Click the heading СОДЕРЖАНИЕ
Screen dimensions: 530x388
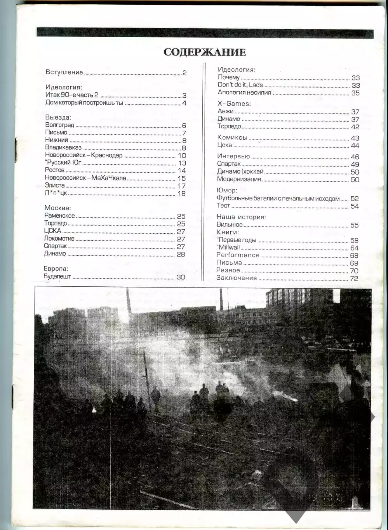tap(204, 52)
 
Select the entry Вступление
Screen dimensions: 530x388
tap(64, 72)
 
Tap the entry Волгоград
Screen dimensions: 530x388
tap(59, 125)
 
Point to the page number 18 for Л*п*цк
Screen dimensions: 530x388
tap(181, 193)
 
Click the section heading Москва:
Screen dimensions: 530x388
tap(57, 208)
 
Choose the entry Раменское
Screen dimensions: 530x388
tap(59, 216)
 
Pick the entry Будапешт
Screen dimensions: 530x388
tap(57, 277)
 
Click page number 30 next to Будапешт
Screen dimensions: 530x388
tap(181, 277)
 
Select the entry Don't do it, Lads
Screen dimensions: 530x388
tap(240, 85)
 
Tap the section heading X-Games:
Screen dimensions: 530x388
tap(234, 104)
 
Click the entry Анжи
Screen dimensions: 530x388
tap(225, 111)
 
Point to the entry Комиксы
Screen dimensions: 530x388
tap(232, 138)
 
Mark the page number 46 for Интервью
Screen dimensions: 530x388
tap(355, 157)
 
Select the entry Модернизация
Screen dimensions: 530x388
tap(239, 179)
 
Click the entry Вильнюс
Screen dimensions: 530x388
tap(229, 225)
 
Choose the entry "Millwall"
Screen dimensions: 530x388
tap(228, 248)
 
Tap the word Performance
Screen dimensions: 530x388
tap(238, 255)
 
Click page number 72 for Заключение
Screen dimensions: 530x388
tap(353, 278)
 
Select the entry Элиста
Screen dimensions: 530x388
tap(55, 185)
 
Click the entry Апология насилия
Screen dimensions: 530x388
tap(244, 92)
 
